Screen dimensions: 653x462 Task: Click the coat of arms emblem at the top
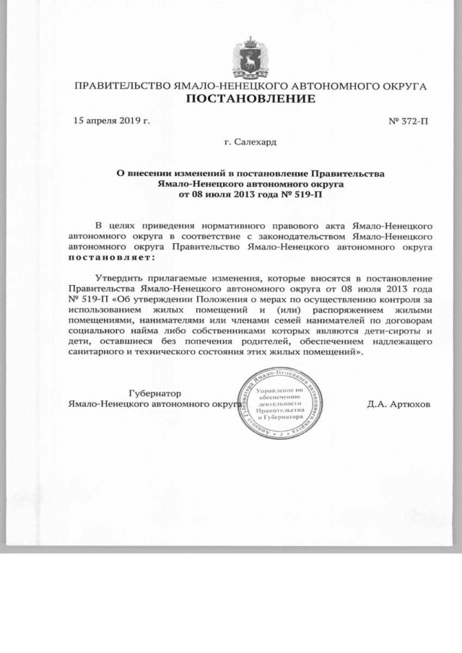click(x=250, y=57)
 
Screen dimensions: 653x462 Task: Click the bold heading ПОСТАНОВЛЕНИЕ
click(x=250, y=99)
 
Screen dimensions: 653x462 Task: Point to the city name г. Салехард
click(x=250, y=143)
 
